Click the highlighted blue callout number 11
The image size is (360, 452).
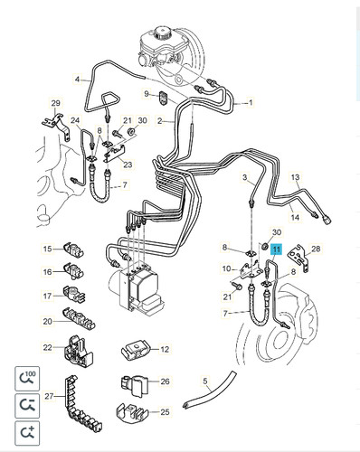(x=277, y=250)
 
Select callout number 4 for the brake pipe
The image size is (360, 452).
(x=78, y=80)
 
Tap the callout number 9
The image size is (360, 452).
(x=147, y=94)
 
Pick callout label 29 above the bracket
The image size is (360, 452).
(x=56, y=103)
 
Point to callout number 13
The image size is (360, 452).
(x=296, y=177)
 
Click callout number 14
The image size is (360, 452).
(x=295, y=217)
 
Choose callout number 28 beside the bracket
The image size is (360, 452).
(x=316, y=249)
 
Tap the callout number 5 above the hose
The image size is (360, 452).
(x=205, y=381)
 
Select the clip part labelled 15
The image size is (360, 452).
(x=73, y=250)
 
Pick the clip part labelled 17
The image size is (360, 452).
(x=74, y=295)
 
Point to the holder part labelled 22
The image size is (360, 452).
(x=78, y=350)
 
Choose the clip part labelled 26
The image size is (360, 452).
(x=135, y=385)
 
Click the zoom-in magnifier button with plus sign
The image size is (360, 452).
(x=27, y=433)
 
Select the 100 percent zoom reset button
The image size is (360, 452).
(x=27, y=379)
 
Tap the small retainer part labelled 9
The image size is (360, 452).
(x=163, y=98)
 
